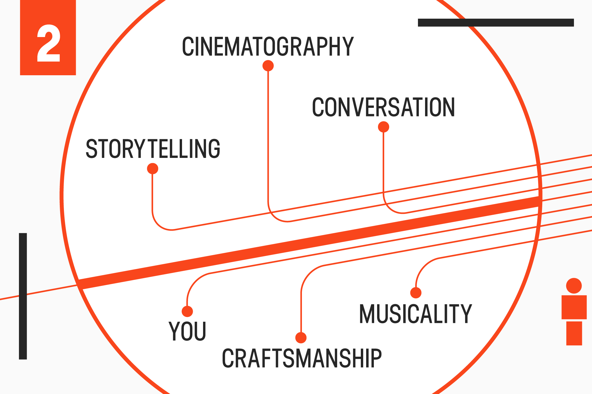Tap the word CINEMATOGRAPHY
point(268,47)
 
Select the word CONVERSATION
point(383,107)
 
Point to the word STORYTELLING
point(153,149)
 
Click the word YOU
point(187,331)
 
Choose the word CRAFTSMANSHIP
point(302,358)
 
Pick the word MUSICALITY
point(415,314)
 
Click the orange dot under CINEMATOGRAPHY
point(268,66)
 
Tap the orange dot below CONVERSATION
point(384,127)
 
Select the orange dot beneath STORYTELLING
point(153,169)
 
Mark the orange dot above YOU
point(187,311)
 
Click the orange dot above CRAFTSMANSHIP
point(301,338)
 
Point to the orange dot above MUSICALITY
point(416,293)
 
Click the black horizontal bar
point(496,23)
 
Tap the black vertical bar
point(23,296)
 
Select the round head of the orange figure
point(574,286)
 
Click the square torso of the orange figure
point(574,307)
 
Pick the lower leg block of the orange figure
point(574,333)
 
